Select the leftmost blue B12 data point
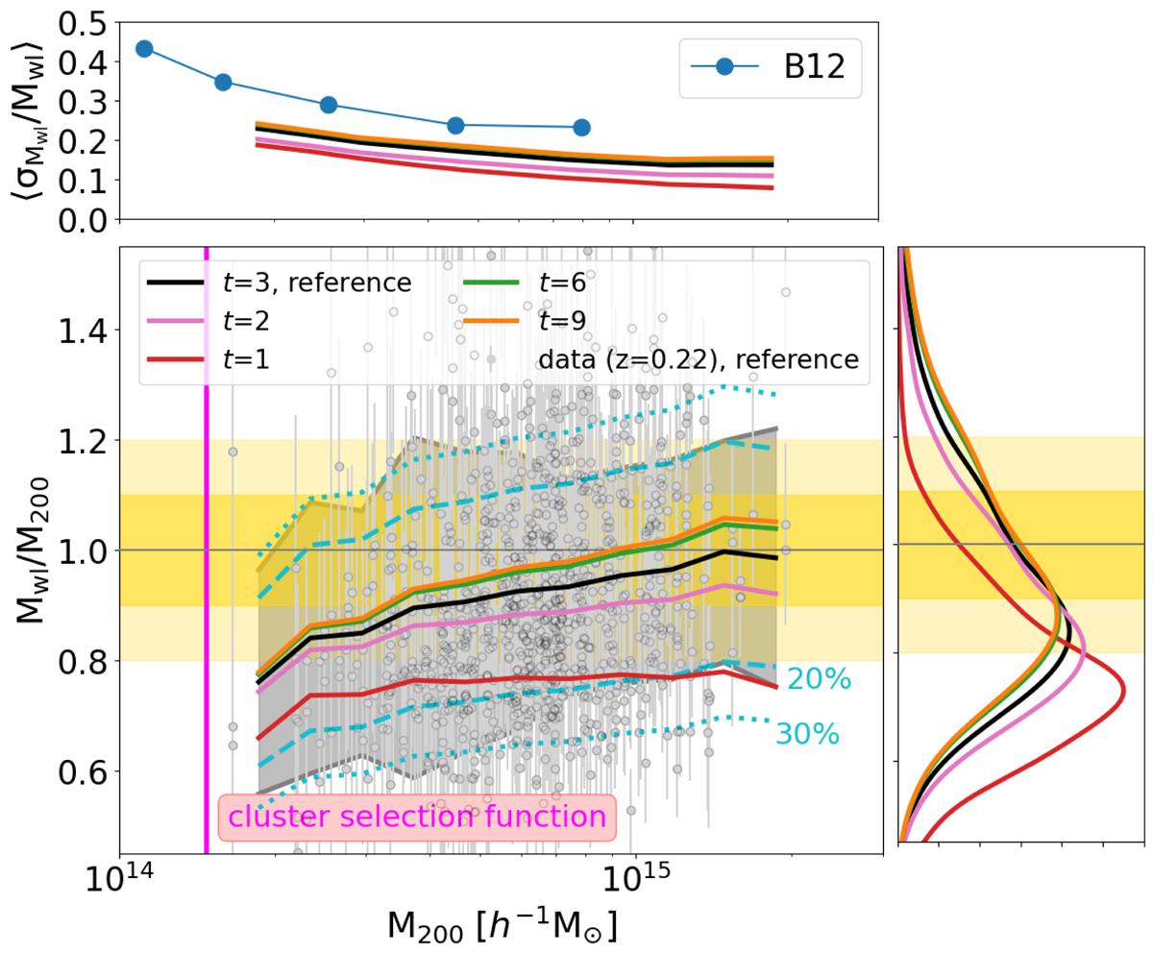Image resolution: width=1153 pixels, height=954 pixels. [145, 49]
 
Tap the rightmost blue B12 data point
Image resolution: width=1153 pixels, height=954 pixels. [581, 127]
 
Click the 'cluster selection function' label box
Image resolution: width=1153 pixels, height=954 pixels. [416, 817]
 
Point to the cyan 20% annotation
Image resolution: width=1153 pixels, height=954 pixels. [819, 679]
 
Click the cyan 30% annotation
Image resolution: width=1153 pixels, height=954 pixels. [808, 735]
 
